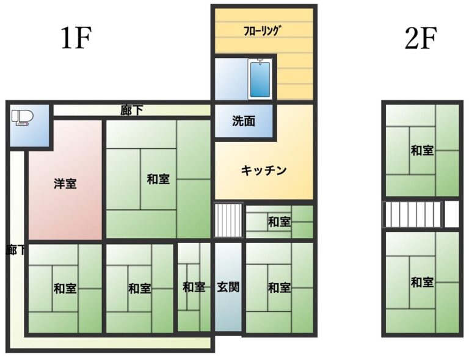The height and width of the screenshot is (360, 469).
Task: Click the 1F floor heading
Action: pyautogui.click(x=76, y=38)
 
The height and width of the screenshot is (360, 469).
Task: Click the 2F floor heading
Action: pyautogui.click(x=421, y=38)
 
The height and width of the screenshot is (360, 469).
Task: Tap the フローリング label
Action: pyautogui.click(x=263, y=31)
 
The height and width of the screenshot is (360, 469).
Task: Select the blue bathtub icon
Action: pyautogui.click(x=260, y=79)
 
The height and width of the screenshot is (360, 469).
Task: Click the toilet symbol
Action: pyautogui.click(x=23, y=117)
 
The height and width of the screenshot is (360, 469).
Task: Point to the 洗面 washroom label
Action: pyautogui.click(x=244, y=121)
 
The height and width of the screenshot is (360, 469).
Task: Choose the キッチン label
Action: pyautogui.click(x=264, y=170)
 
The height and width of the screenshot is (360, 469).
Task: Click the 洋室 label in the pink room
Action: pyautogui.click(x=65, y=184)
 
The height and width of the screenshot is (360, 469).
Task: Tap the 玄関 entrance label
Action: pyautogui.click(x=228, y=287)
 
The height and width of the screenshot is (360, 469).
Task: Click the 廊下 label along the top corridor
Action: pyautogui.click(x=132, y=110)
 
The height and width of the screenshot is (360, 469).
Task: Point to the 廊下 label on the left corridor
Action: pyautogui.click(x=15, y=250)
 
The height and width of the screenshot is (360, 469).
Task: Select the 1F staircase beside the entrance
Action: pyautogui.click(x=228, y=220)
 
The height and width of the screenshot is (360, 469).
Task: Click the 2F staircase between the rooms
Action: pyautogui.click(x=412, y=214)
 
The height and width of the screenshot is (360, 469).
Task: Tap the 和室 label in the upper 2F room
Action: pyautogui.click(x=423, y=150)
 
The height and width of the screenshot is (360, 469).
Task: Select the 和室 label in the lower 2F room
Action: pyautogui.click(x=423, y=282)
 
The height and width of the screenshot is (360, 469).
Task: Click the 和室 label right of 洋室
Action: pyautogui.click(x=158, y=179)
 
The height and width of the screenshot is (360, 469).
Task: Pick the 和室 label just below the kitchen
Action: pyautogui.click(x=279, y=222)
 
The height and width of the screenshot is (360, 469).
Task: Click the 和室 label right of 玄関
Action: pyautogui.click(x=279, y=288)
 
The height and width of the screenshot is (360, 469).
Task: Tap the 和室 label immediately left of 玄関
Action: pyautogui.click(x=194, y=287)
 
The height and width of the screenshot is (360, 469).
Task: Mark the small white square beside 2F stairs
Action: pyautogui.click(x=452, y=214)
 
